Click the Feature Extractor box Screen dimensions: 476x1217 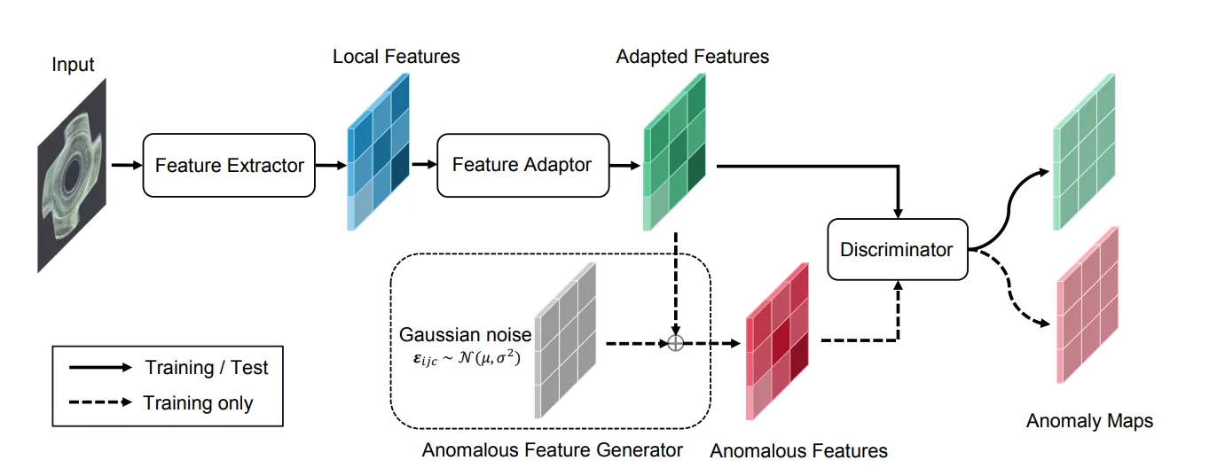pos(229,165)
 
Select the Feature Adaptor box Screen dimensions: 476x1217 pos(522,165)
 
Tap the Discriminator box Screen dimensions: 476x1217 pos(897,251)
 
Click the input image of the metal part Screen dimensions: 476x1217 pos(73,176)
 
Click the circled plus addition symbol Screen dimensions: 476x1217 pos(676,343)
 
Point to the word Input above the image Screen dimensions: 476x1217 pos(73,65)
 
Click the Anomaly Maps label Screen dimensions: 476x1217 pos(1089,421)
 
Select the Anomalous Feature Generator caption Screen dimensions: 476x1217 pos(552,449)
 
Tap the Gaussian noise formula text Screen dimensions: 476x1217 pos(466,359)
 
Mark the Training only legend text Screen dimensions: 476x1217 pos(199,403)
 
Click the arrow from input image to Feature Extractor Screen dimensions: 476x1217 pos(126,165)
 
